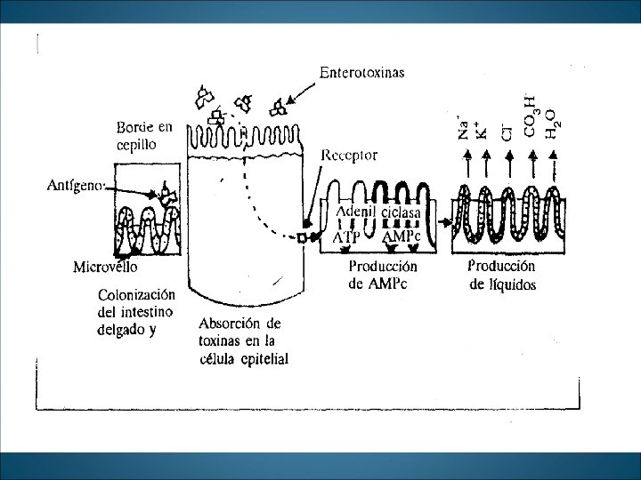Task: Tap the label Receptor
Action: [349, 155]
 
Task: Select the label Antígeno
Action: [76, 186]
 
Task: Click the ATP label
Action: [347, 238]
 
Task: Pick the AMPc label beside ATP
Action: [401, 237]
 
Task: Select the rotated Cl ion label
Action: [508, 133]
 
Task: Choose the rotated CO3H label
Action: [531, 122]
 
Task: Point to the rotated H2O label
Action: [553, 124]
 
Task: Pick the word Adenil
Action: [356, 212]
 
